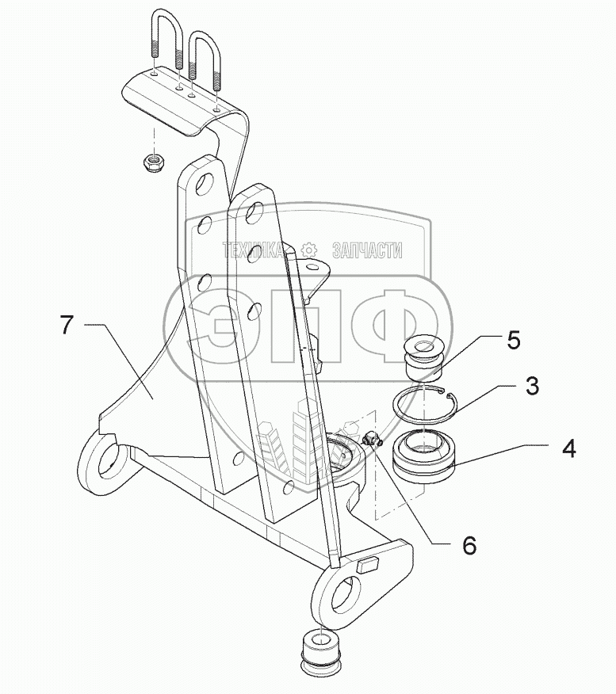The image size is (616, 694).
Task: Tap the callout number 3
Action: (x=531, y=387)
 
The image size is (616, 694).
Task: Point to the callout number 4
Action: (x=568, y=448)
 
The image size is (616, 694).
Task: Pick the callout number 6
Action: (x=469, y=545)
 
